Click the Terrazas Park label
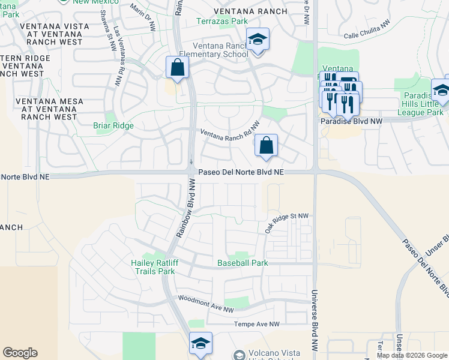[222, 22]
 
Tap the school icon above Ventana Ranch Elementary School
[258, 40]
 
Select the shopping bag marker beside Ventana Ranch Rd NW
[266, 146]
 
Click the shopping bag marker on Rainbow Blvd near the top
[178, 68]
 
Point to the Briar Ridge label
[113, 126]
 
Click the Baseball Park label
[242, 263]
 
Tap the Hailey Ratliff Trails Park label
[153, 267]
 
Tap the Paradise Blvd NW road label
[351, 121]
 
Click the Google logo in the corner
[20, 353]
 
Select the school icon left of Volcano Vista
[200, 344]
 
